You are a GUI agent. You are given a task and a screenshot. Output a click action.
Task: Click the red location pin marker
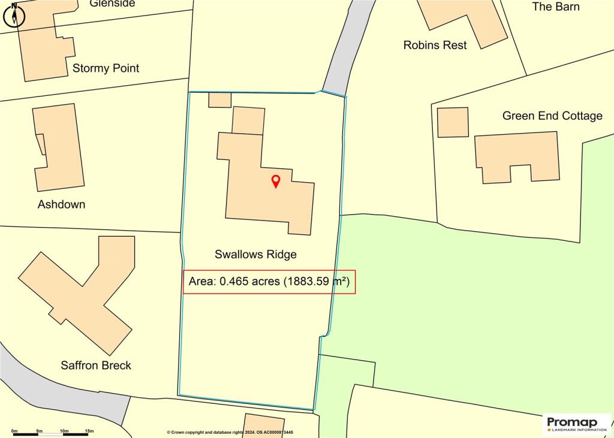pyautogui.click(x=275, y=181)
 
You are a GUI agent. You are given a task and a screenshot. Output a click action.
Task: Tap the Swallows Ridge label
pyautogui.click(x=255, y=254)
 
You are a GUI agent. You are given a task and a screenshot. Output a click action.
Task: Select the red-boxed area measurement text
pyautogui.click(x=269, y=281)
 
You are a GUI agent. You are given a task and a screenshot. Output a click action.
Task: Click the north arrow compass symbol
pyautogui.click(x=13, y=14)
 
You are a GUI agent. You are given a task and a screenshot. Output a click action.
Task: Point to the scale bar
pyautogui.click(x=52, y=432)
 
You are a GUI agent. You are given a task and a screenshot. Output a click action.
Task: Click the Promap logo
pyautogui.click(x=576, y=424)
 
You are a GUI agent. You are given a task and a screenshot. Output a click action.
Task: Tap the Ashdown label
pyautogui.click(x=61, y=204)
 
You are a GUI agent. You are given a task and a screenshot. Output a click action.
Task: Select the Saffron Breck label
pyautogui.click(x=96, y=365)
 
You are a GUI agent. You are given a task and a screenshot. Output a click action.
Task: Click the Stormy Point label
pyautogui.click(x=106, y=68)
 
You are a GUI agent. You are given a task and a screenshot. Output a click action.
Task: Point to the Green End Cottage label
pyautogui.click(x=552, y=116)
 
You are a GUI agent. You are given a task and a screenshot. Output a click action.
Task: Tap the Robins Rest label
pyautogui.click(x=435, y=45)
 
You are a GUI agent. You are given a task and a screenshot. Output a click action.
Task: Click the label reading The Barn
pyautogui.click(x=556, y=7)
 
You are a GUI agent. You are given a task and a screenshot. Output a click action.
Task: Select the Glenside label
pyautogui.click(x=112, y=4)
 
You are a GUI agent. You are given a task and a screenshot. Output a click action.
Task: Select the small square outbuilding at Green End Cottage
pyautogui.click(x=453, y=122)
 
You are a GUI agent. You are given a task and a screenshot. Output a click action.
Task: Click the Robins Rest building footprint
pyautogui.click(x=465, y=21)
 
